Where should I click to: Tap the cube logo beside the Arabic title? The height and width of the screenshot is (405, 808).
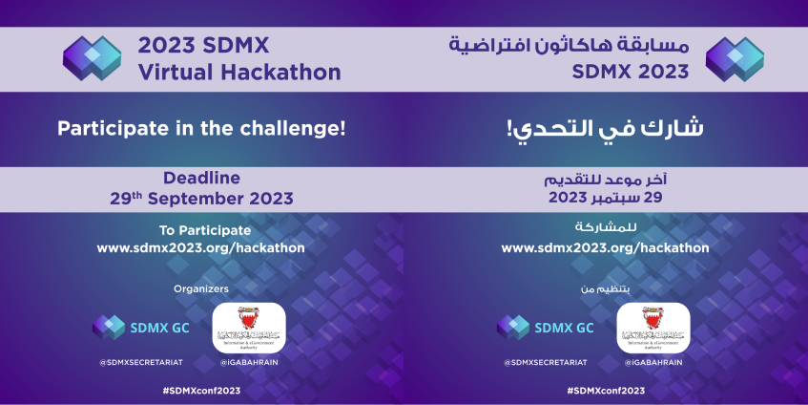click(x=735, y=58)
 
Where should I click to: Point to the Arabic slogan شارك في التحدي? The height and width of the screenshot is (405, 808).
click(x=605, y=128)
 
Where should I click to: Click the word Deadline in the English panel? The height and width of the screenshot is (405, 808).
click(x=201, y=178)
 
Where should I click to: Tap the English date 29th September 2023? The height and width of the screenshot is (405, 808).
click(x=201, y=198)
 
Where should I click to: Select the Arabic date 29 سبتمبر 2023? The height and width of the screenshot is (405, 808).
click(x=605, y=198)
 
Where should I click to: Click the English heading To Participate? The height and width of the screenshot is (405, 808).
click(x=201, y=230)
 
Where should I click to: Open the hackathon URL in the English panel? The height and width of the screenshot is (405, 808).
click(x=201, y=247)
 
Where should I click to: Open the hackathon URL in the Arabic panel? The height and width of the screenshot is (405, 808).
click(x=605, y=247)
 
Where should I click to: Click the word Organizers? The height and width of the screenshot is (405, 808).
click(x=201, y=288)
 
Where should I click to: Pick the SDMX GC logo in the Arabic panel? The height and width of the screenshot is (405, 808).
click(x=545, y=328)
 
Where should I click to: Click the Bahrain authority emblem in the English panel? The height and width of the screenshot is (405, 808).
click(x=248, y=327)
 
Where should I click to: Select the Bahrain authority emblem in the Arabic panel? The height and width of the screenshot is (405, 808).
click(x=653, y=327)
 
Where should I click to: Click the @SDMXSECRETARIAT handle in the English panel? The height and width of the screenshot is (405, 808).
click(x=140, y=363)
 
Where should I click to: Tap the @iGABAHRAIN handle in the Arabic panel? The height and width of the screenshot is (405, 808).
click(x=653, y=363)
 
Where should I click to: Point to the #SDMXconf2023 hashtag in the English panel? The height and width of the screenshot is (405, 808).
click(x=201, y=391)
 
